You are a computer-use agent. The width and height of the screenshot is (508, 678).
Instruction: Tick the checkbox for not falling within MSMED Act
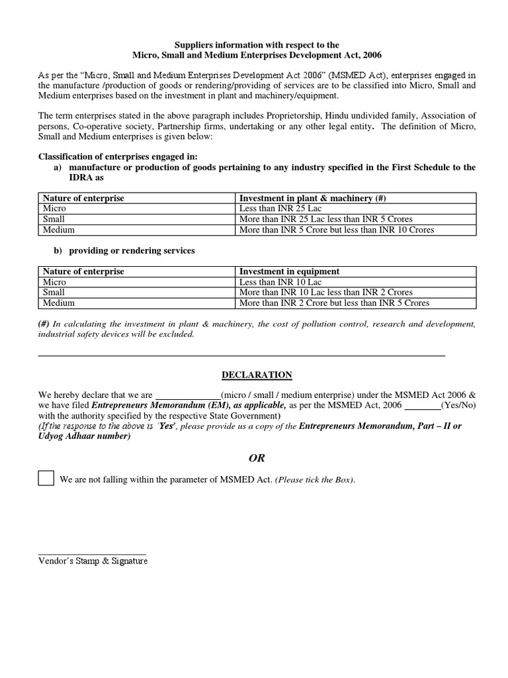[x=46, y=478]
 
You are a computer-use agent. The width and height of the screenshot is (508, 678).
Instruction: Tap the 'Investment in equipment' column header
[x=289, y=271]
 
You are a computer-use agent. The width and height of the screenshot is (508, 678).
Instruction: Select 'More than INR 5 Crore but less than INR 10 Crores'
[x=337, y=230]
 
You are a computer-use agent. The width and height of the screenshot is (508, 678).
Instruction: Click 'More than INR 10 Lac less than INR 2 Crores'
[x=325, y=293]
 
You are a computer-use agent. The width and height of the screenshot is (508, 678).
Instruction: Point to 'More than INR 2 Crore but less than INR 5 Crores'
[x=334, y=303]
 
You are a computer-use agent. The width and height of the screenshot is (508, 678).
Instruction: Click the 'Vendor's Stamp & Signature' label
[x=93, y=561]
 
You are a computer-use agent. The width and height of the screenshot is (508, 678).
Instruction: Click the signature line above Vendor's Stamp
[x=93, y=552]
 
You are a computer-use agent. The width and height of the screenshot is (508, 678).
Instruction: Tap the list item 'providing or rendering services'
[x=132, y=251]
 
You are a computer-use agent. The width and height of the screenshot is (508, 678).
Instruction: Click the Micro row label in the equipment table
[x=54, y=282]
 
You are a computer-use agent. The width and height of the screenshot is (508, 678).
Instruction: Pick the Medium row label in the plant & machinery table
[x=59, y=230]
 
